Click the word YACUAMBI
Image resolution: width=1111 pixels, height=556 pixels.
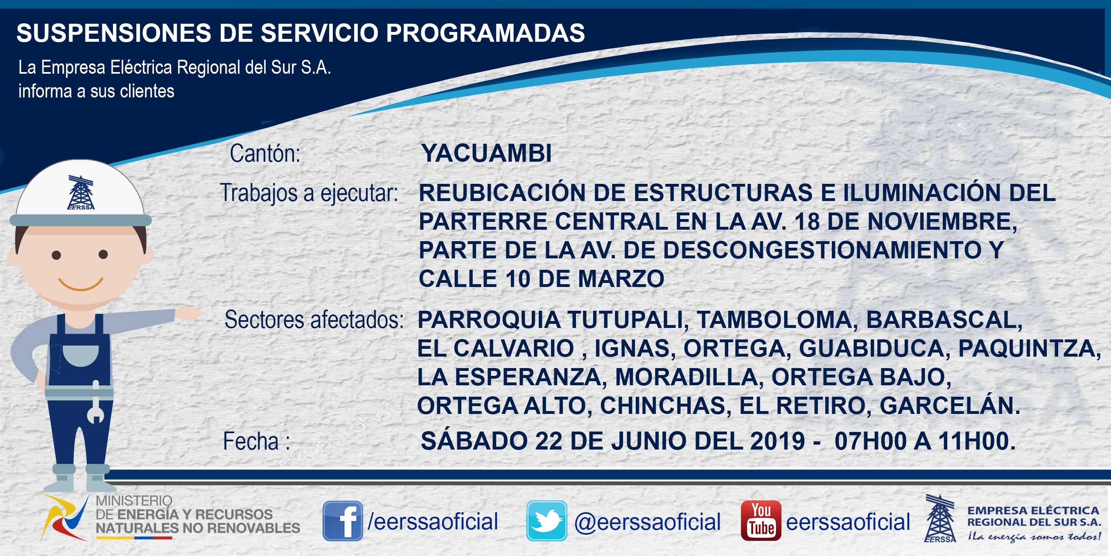(486, 153)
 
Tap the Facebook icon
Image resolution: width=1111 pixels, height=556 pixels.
(343, 521)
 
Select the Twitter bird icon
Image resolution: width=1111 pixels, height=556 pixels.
(546, 521)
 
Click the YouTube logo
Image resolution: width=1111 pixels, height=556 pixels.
(761, 521)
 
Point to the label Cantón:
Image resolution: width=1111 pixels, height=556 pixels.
(265, 154)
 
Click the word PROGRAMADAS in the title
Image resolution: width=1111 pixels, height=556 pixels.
(485, 33)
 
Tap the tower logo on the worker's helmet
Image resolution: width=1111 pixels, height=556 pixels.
(81, 192)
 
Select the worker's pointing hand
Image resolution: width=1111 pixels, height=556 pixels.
(187, 314)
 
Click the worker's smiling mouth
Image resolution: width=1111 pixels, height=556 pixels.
(81, 284)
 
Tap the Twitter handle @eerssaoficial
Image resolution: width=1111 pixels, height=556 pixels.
(647, 522)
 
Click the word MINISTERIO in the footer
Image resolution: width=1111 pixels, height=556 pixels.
(134, 501)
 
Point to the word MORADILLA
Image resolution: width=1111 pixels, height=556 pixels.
(686, 377)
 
